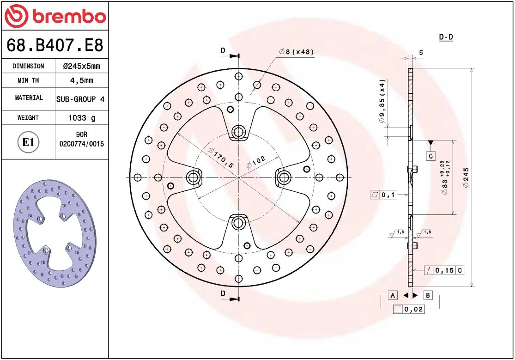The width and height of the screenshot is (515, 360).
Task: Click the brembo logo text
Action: (x=68, y=16)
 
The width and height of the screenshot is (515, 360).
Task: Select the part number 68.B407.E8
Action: (x=55, y=45)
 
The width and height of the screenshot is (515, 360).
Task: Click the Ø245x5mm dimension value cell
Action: (x=81, y=66)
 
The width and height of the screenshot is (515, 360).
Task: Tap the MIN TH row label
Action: (x=28, y=80)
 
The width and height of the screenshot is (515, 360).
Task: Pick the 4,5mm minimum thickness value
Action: (x=81, y=80)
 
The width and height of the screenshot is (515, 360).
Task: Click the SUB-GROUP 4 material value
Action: (x=80, y=99)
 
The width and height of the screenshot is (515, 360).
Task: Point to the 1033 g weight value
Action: (x=82, y=118)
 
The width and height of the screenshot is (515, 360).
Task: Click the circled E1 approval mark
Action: (x=28, y=142)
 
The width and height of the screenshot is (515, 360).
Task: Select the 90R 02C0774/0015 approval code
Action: (x=82, y=140)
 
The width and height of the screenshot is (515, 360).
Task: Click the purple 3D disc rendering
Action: (x=55, y=231)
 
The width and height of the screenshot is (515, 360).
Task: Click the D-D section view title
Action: (x=445, y=37)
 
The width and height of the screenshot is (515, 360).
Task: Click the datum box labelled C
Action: (x=430, y=156)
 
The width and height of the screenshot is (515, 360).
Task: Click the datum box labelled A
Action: (x=392, y=295)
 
